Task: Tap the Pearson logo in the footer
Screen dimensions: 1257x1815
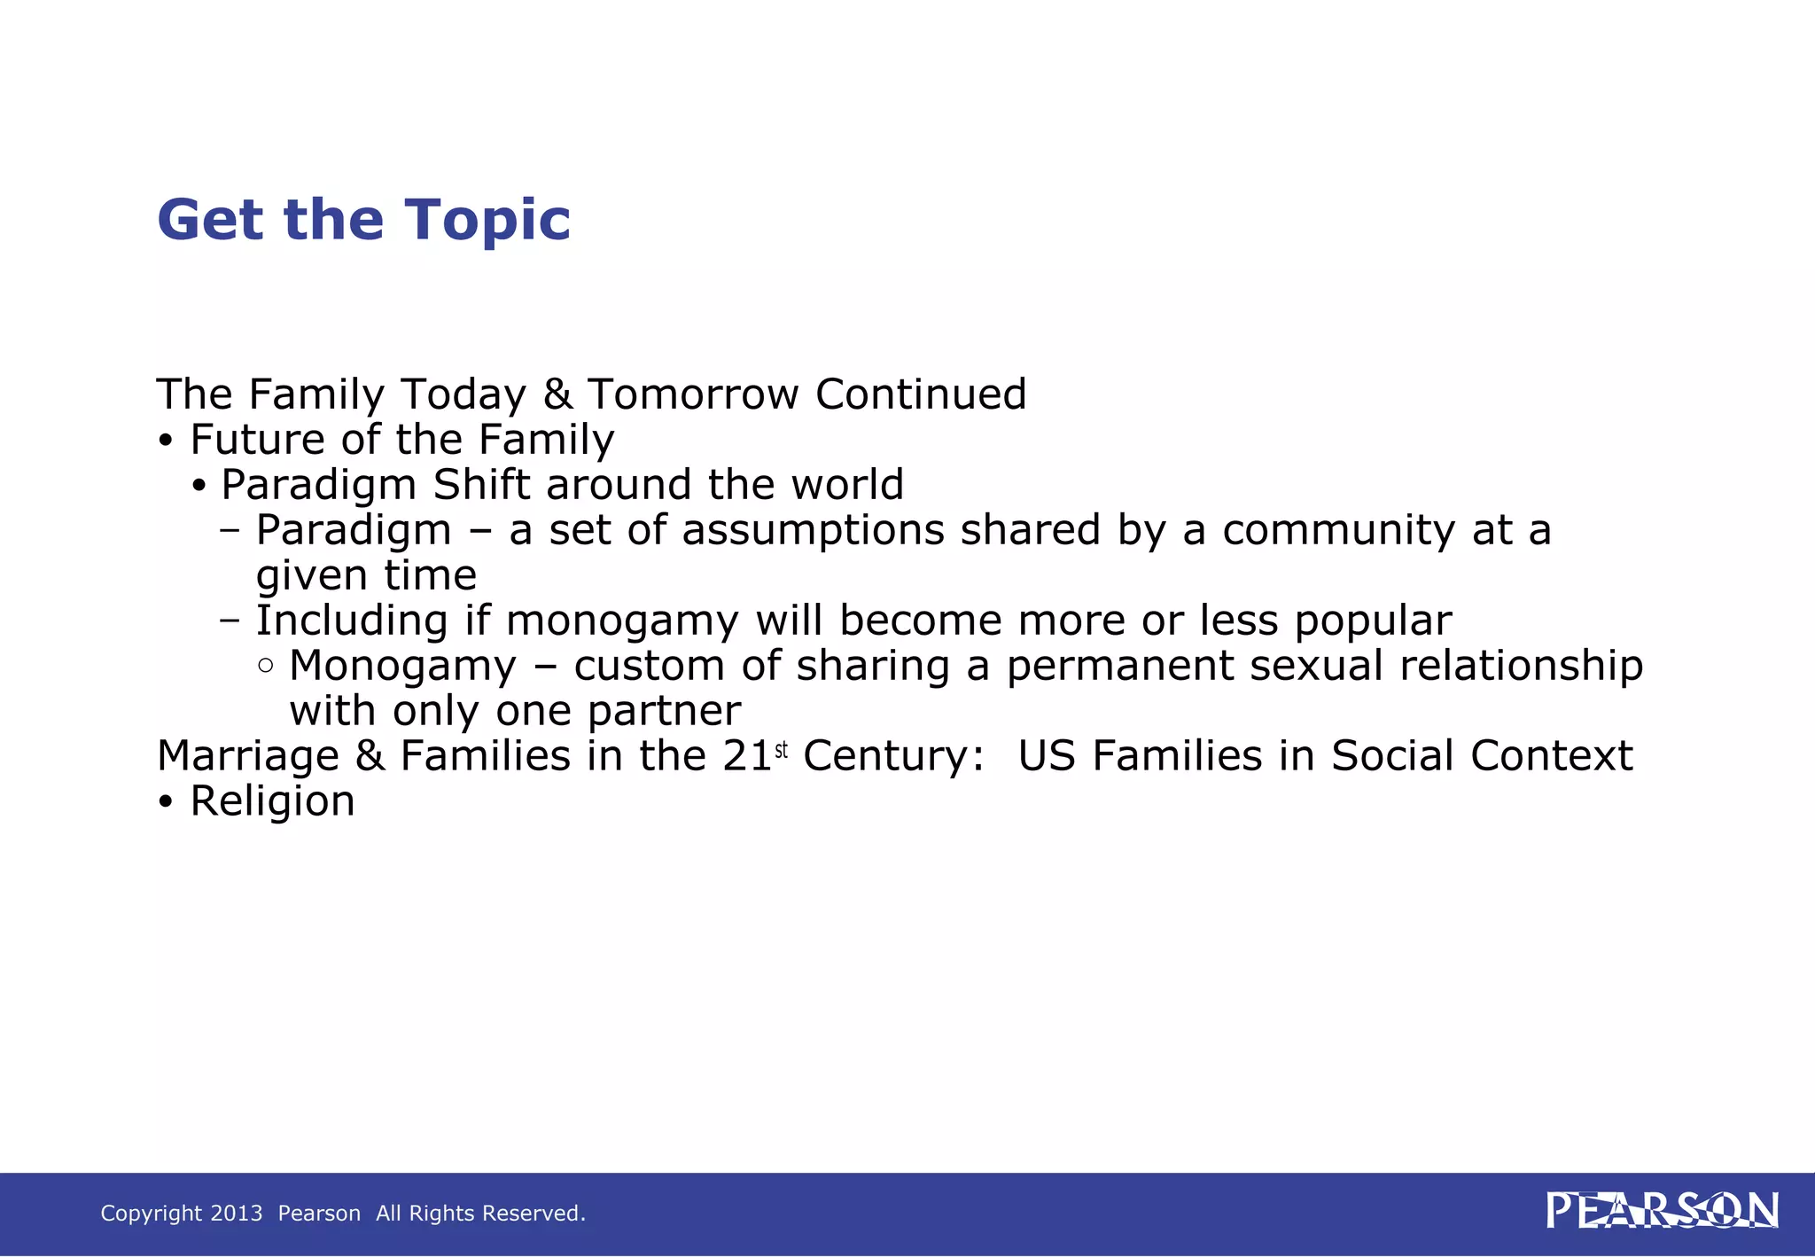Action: [1662, 1211]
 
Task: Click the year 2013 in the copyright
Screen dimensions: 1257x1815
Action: [237, 1214]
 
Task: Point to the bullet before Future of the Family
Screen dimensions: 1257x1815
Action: [166, 441]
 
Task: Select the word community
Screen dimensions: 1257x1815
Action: [1338, 530]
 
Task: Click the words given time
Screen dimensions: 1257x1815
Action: [366, 576]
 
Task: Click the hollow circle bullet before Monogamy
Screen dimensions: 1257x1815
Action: [266, 666]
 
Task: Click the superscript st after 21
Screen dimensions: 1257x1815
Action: [781, 751]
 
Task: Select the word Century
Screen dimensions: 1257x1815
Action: [892, 757]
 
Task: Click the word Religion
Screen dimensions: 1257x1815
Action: [272, 801]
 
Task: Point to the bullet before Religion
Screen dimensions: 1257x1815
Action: [166, 803]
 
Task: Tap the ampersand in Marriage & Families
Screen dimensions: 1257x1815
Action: [370, 757]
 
